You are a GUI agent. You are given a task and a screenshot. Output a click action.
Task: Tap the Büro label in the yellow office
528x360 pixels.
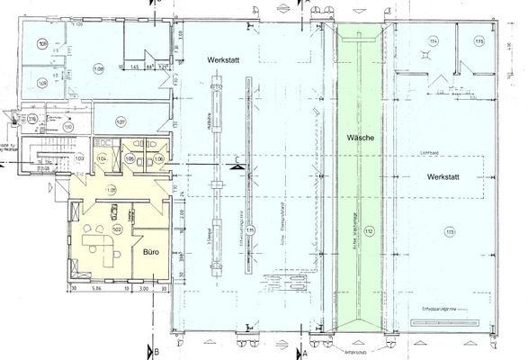[x=151, y=254]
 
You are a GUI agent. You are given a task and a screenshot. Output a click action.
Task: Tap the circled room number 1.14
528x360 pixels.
[x=434, y=42]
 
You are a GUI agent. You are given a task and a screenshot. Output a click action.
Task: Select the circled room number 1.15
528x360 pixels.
[x=479, y=41]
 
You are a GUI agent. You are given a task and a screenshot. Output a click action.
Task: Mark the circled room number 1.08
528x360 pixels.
[x=98, y=68]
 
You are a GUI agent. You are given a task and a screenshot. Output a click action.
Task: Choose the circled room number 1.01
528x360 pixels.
[x=112, y=190]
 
